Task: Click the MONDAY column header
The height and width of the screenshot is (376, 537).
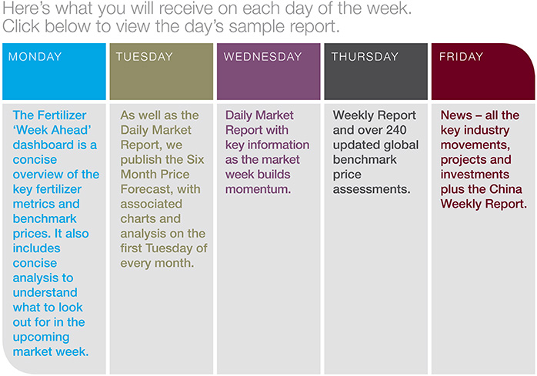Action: tap(35, 56)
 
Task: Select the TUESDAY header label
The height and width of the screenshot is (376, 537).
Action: tap(144, 56)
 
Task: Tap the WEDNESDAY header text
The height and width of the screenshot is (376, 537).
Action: tap(262, 56)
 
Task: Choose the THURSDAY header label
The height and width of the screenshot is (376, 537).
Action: tap(365, 56)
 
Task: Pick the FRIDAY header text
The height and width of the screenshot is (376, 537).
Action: tap(461, 56)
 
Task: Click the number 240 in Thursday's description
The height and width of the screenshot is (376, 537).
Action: tap(396, 130)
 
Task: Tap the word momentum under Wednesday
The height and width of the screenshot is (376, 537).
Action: tap(258, 189)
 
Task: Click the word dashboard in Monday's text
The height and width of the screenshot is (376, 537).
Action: tap(44, 145)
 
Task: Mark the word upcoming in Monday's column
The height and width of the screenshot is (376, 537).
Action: tap(41, 338)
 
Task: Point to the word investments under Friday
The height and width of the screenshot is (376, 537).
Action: tap(475, 175)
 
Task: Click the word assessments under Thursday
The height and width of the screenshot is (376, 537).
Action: tap(372, 189)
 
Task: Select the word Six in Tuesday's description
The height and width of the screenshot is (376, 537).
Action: tap(195, 160)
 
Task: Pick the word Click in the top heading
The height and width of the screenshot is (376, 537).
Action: tap(21, 27)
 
